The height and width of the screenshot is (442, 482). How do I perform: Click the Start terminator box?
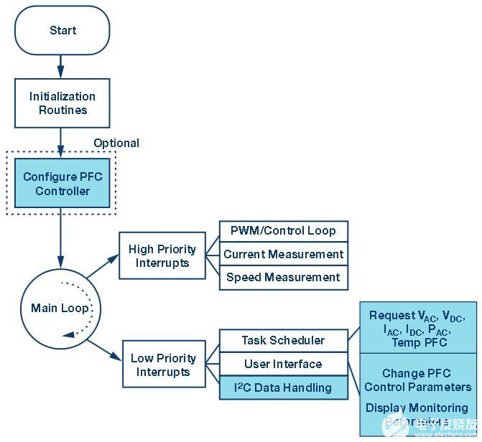pyautogui.click(x=62, y=31)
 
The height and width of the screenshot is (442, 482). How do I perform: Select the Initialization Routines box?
pyautogui.click(x=62, y=103)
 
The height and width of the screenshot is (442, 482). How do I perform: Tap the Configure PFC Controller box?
pyautogui.click(x=62, y=184)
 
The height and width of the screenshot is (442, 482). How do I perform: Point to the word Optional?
pyautogui.click(x=116, y=143)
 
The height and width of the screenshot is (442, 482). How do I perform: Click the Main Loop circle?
pyautogui.click(x=60, y=309)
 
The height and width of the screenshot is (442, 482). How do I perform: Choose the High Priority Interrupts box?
pyautogui.click(x=162, y=255)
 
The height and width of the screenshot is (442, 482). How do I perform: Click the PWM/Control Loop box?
pyautogui.click(x=283, y=231)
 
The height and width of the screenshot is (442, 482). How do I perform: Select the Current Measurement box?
pyautogui.click(x=283, y=254)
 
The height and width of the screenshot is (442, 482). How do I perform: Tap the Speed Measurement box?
pyautogui.click(x=283, y=277)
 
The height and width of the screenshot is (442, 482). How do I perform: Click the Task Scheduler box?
pyautogui.click(x=283, y=340)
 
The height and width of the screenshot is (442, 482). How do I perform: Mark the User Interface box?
pyautogui.click(x=283, y=364)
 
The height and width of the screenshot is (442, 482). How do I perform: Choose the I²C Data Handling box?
pyautogui.click(x=283, y=387)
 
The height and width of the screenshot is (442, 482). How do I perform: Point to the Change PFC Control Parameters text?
pyautogui.click(x=417, y=380)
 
